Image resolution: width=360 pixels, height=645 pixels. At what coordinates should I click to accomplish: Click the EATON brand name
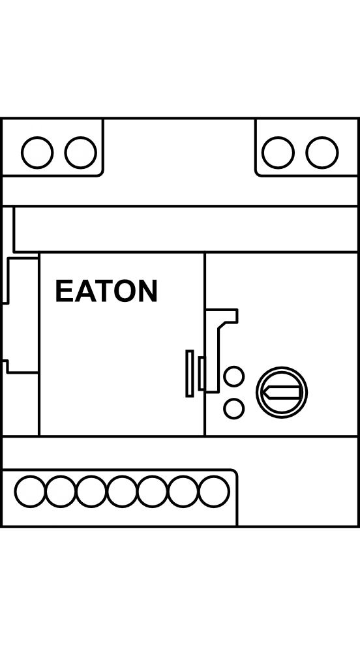click(106, 291)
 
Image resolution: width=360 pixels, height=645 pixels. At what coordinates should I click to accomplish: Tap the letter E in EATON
click(64, 291)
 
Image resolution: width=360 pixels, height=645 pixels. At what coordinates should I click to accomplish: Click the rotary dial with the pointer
click(282, 393)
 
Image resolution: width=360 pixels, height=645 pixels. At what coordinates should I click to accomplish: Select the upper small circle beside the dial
click(233, 376)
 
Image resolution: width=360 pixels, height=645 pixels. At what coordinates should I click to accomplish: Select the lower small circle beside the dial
click(233, 409)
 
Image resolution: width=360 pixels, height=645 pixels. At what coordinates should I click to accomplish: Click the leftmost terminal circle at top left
click(37, 153)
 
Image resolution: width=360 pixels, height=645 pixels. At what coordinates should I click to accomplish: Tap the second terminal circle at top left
click(81, 153)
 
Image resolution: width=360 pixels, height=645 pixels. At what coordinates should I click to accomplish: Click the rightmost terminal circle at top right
click(322, 153)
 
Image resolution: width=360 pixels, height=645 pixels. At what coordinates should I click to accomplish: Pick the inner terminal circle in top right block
click(278, 153)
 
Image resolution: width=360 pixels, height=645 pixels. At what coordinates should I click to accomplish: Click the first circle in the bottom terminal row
click(31, 491)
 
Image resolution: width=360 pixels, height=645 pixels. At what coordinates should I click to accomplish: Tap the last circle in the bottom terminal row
click(214, 491)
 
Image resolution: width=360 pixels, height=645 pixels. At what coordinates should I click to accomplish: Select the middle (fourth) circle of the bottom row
click(122, 491)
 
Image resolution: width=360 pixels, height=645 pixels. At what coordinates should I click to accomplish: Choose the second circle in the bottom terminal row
click(61, 491)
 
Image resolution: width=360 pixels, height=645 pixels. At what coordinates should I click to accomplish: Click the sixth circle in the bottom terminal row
click(183, 491)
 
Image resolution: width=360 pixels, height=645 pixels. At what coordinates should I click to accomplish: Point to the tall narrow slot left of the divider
click(190, 374)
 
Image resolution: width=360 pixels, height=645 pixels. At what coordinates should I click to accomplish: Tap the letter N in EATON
click(147, 291)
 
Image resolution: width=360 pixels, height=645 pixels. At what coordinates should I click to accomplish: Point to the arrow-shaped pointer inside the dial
click(282, 393)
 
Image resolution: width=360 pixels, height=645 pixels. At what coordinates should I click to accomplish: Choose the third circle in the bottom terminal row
click(91, 491)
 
